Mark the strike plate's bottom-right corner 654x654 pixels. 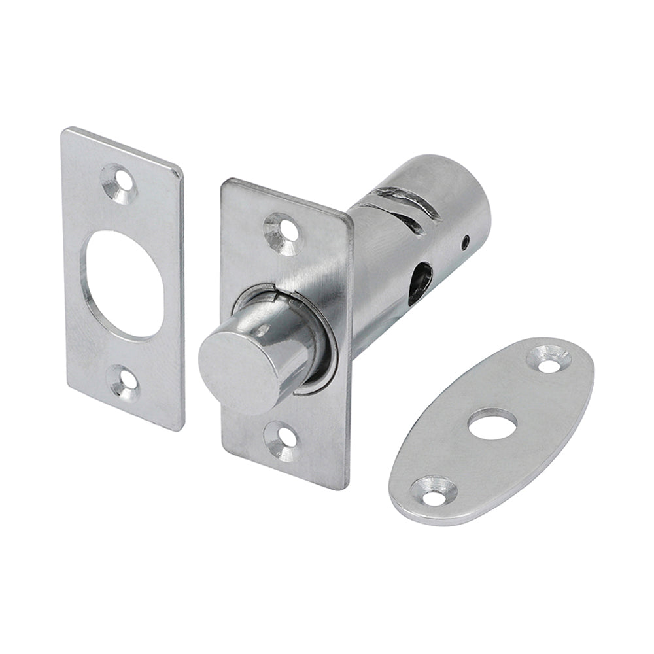pos(179,428)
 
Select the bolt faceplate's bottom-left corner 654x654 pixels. pos(224,451)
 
